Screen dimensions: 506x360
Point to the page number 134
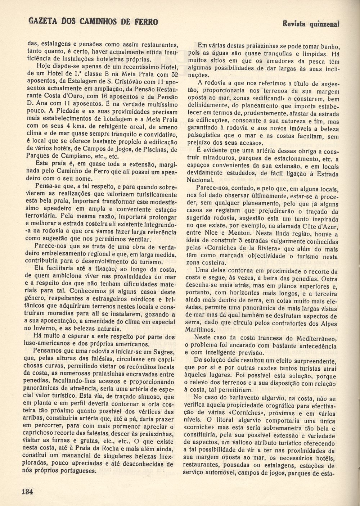tap(28, 492)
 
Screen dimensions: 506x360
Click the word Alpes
tap(327, 323)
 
